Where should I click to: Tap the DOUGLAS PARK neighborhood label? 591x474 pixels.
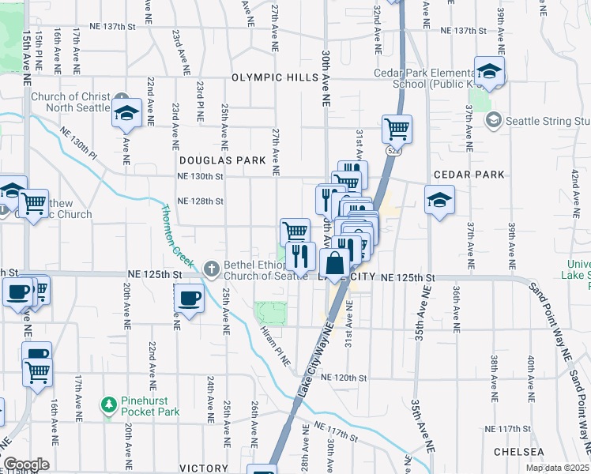click(x=222, y=160)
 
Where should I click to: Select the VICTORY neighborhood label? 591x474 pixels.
click(x=204, y=468)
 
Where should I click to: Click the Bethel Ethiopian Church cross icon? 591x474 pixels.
click(x=211, y=269)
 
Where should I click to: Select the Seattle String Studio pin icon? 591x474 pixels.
click(x=494, y=120)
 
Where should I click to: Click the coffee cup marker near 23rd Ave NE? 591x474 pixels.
click(x=189, y=299)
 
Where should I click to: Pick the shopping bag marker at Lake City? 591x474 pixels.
click(x=334, y=263)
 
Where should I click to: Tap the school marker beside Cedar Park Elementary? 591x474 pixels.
click(x=489, y=72)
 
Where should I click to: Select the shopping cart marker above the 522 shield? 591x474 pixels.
click(x=397, y=127)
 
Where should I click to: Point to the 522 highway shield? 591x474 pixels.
click(x=391, y=149)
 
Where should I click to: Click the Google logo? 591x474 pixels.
click(x=27, y=464)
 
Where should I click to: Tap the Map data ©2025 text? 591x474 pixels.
click(x=558, y=468)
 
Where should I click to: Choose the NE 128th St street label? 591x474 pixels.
click(x=201, y=201)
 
